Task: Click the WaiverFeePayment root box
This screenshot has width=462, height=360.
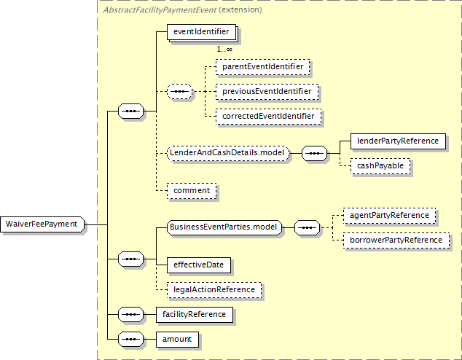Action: click(42, 224)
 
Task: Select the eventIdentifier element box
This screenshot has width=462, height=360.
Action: click(202, 32)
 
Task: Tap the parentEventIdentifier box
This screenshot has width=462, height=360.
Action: click(263, 66)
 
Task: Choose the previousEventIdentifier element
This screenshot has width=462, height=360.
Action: click(267, 91)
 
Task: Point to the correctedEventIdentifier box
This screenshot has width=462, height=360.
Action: click(268, 116)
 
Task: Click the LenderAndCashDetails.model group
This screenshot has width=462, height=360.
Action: click(228, 153)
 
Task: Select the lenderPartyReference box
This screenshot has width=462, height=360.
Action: click(398, 141)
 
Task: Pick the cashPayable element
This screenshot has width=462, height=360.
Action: click(380, 165)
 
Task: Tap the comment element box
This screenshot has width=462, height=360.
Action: click(192, 190)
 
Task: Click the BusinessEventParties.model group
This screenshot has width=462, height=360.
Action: click(224, 227)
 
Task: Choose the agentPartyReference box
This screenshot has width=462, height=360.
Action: click(389, 215)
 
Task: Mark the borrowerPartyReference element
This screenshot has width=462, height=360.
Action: click(396, 240)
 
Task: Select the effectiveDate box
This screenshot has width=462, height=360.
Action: click(199, 265)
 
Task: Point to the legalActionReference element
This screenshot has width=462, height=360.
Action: click(214, 289)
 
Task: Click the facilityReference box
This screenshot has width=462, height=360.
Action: click(195, 314)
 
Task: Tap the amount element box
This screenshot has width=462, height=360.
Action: click(177, 339)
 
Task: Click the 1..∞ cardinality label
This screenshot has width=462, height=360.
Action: click(224, 50)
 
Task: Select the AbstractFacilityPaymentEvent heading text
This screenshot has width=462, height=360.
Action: click(160, 10)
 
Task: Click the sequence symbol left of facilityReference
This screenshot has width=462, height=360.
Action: click(131, 314)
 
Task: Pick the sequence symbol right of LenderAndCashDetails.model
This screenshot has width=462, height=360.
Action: click(314, 153)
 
